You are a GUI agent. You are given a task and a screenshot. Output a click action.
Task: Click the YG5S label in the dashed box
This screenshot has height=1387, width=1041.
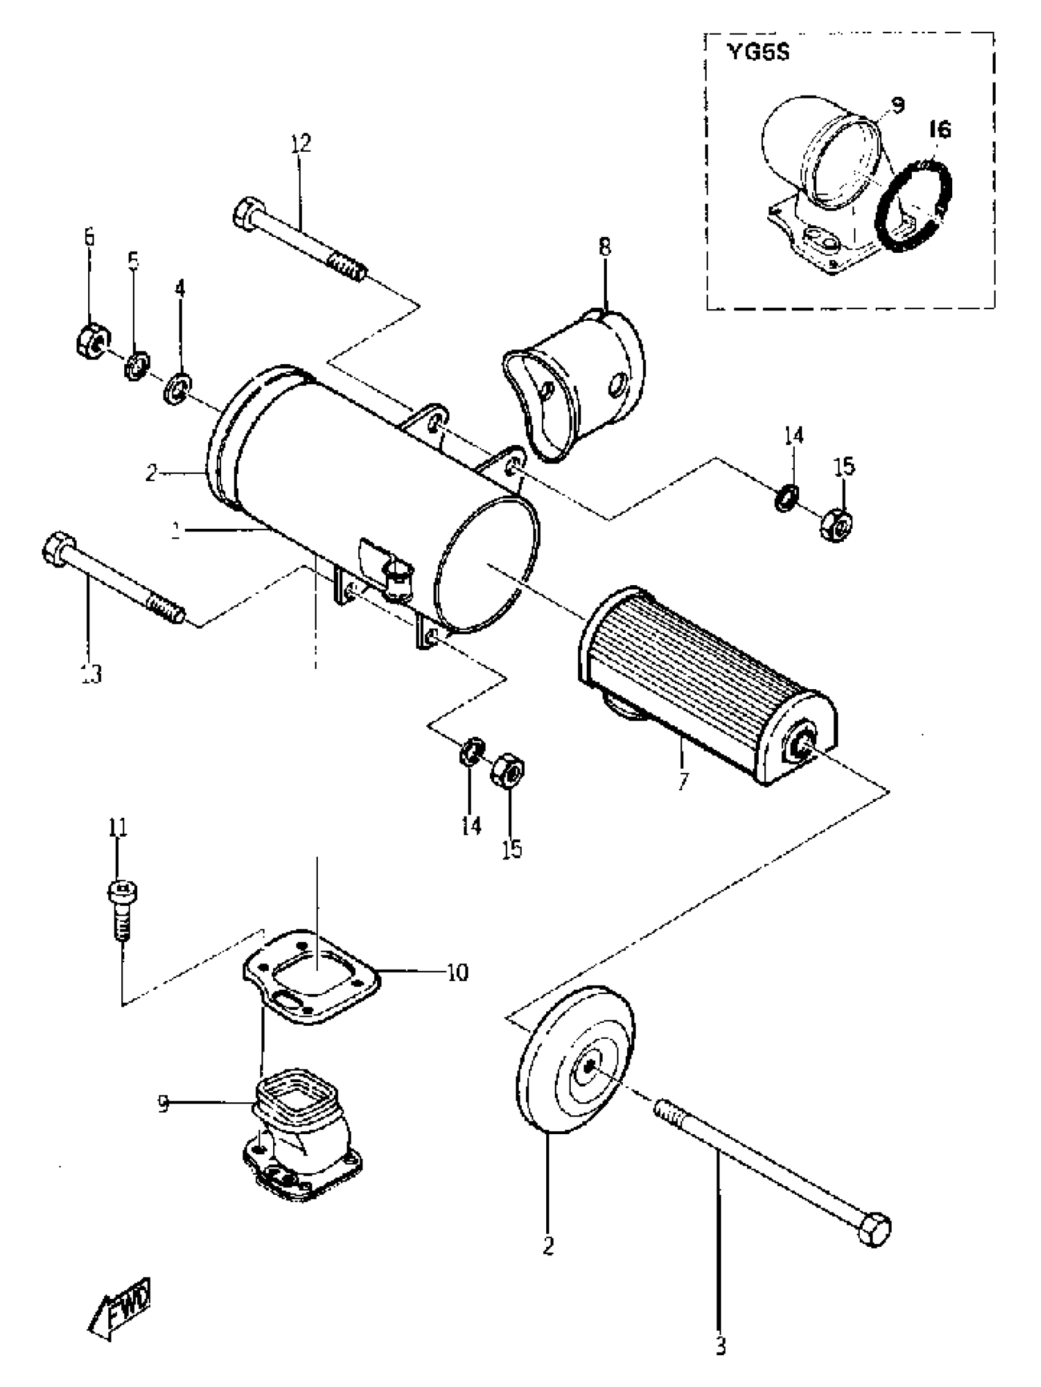(758, 53)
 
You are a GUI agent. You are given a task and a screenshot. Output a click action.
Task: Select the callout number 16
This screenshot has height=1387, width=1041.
(939, 130)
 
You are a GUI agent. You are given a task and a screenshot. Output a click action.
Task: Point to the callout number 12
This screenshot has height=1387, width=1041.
(300, 144)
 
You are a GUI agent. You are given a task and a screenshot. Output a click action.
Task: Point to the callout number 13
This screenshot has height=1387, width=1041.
(91, 674)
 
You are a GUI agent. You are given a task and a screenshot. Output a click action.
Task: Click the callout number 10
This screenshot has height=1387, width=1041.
(457, 973)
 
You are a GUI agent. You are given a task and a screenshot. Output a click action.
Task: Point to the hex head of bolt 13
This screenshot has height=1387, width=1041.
(58, 550)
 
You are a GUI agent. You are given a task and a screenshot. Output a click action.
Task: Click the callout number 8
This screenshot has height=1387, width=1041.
(604, 247)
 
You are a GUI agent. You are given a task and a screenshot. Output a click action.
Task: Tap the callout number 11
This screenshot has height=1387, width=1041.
(118, 828)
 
